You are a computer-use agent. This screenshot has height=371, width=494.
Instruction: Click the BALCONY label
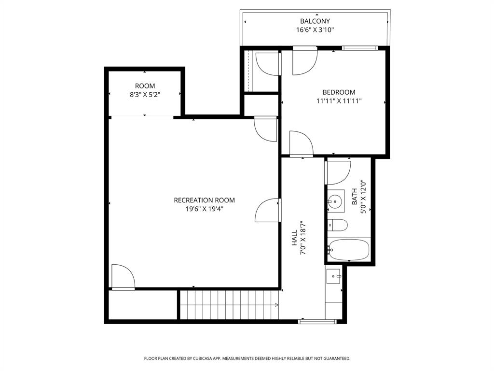pyautogui.click(x=315, y=21)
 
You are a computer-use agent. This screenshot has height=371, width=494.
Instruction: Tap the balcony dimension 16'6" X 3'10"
pyautogui.click(x=315, y=30)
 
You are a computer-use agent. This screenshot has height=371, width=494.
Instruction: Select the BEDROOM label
pyautogui.click(x=339, y=92)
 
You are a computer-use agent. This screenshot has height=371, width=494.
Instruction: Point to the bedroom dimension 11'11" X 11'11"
pyautogui.click(x=339, y=101)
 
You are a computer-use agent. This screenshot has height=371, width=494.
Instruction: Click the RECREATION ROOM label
pyautogui.click(x=204, y=200)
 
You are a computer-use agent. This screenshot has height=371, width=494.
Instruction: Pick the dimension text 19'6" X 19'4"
pyautogui.click(x=204, y=209)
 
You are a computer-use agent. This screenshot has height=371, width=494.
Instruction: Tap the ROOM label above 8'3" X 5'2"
pyautogui.click(x=145, y=86)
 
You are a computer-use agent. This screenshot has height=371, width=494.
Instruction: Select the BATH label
pyautogui.click(x=355, y=197)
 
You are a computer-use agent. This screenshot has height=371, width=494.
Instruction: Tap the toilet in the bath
pyautogui.click(x=339, y=225)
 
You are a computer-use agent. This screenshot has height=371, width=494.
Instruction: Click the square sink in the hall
pyautogui.click(x=333, y=277)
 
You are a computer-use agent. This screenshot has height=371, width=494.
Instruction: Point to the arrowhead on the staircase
pyautogui.click(x=276, y=305)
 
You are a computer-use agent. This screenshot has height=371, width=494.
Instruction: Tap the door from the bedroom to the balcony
pyautogui.click(x=305, y=61)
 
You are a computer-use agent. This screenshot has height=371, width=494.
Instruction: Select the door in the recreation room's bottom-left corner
pyautogui.click(x=123, y=277)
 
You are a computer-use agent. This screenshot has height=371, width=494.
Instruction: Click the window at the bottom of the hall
pyautogui.click(x=317, y=321)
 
